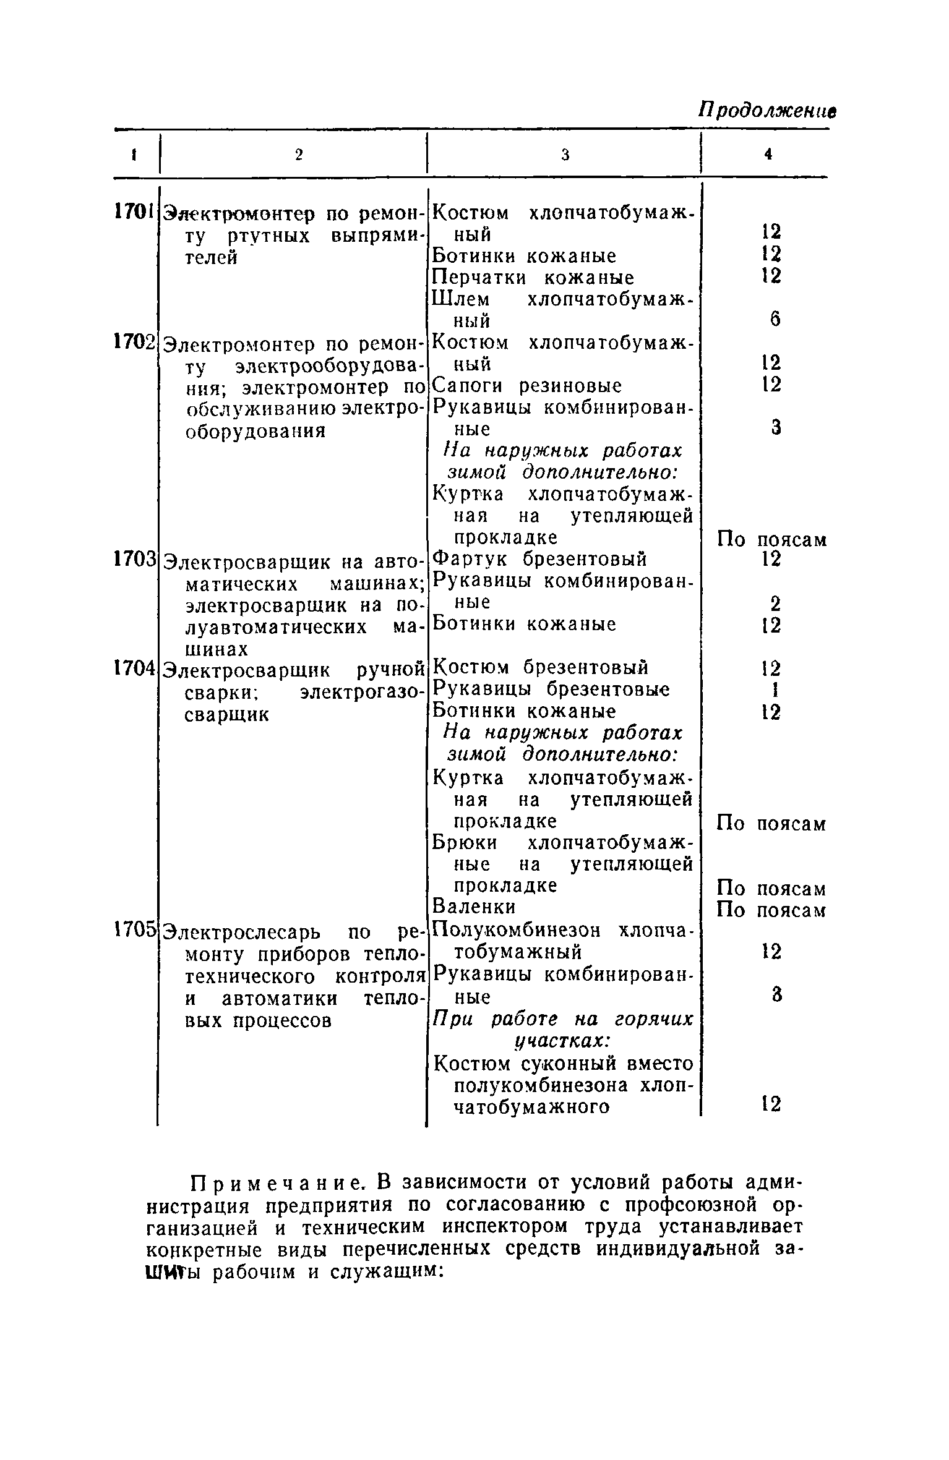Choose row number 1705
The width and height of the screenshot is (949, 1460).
134,928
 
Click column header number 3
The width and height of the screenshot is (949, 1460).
565,155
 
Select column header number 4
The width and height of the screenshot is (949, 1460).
768,155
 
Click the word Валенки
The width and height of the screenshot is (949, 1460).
474,907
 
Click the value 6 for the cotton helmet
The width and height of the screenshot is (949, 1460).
775,319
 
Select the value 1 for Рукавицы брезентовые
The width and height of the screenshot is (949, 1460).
773,689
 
